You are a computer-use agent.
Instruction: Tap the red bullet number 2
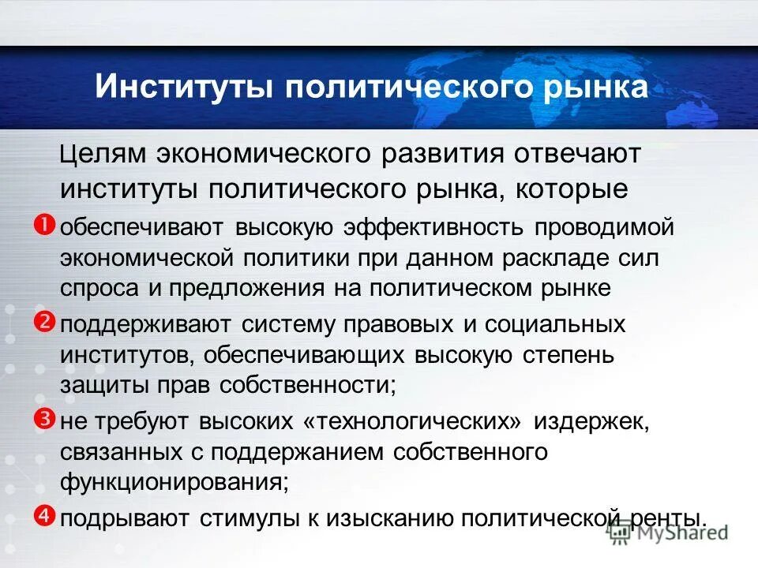pos(44,321)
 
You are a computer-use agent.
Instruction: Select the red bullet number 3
pos(44,418)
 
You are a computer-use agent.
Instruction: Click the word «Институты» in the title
pos(182,87)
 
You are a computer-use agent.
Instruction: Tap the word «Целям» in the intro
pos(103,154)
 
